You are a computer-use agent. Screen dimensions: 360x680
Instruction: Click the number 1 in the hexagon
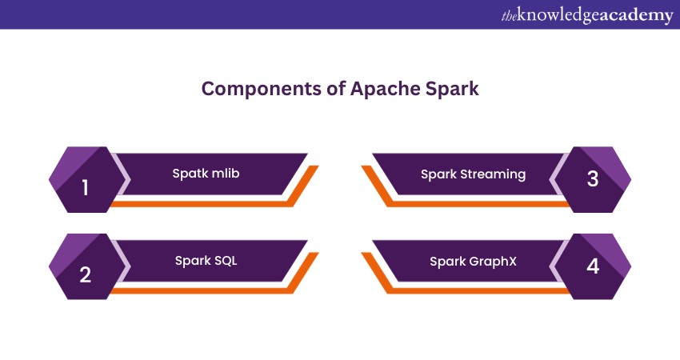coord(86,188)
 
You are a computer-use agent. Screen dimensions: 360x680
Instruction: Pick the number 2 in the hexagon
coord(86,274)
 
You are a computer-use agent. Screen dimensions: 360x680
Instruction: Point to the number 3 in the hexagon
coord(593,178)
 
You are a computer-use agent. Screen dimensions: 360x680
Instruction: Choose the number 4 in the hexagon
coord(593,265)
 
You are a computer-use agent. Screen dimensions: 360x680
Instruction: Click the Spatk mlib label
coord(205,173)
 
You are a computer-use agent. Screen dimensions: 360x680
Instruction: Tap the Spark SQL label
coord(206,260)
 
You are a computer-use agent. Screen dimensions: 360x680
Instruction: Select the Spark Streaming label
coord(474,174)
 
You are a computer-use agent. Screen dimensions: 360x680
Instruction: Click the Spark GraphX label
coord(472,261)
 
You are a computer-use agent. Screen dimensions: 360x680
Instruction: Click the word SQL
coord(225,260)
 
